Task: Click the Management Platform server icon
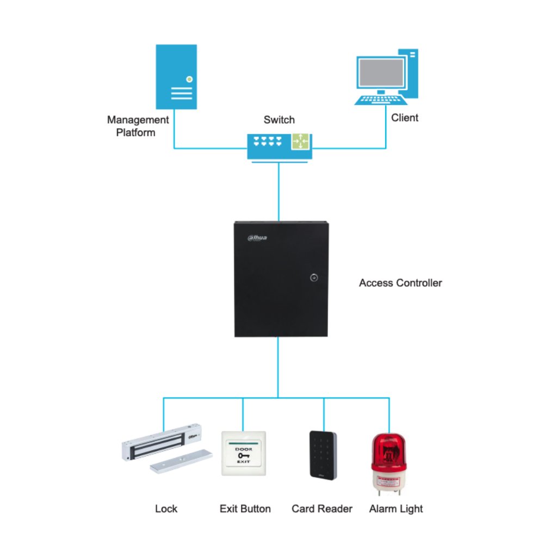pos(176,77)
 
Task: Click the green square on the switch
pos(300,141)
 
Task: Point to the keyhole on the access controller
pos(313,277)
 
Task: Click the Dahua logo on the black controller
pos(257,237)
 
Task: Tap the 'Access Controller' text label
pos(400,283)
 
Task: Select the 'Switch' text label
pos(279,120)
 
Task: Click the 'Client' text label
pos(405,117)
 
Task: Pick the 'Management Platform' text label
pos(138,126)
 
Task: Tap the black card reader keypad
pos(323,455)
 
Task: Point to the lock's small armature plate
pos(181,462)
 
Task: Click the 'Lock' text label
pos(166,509)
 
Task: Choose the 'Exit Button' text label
pos(245,509)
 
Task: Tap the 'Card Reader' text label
pos(322,509)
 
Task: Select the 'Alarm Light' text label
pos(395,509)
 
